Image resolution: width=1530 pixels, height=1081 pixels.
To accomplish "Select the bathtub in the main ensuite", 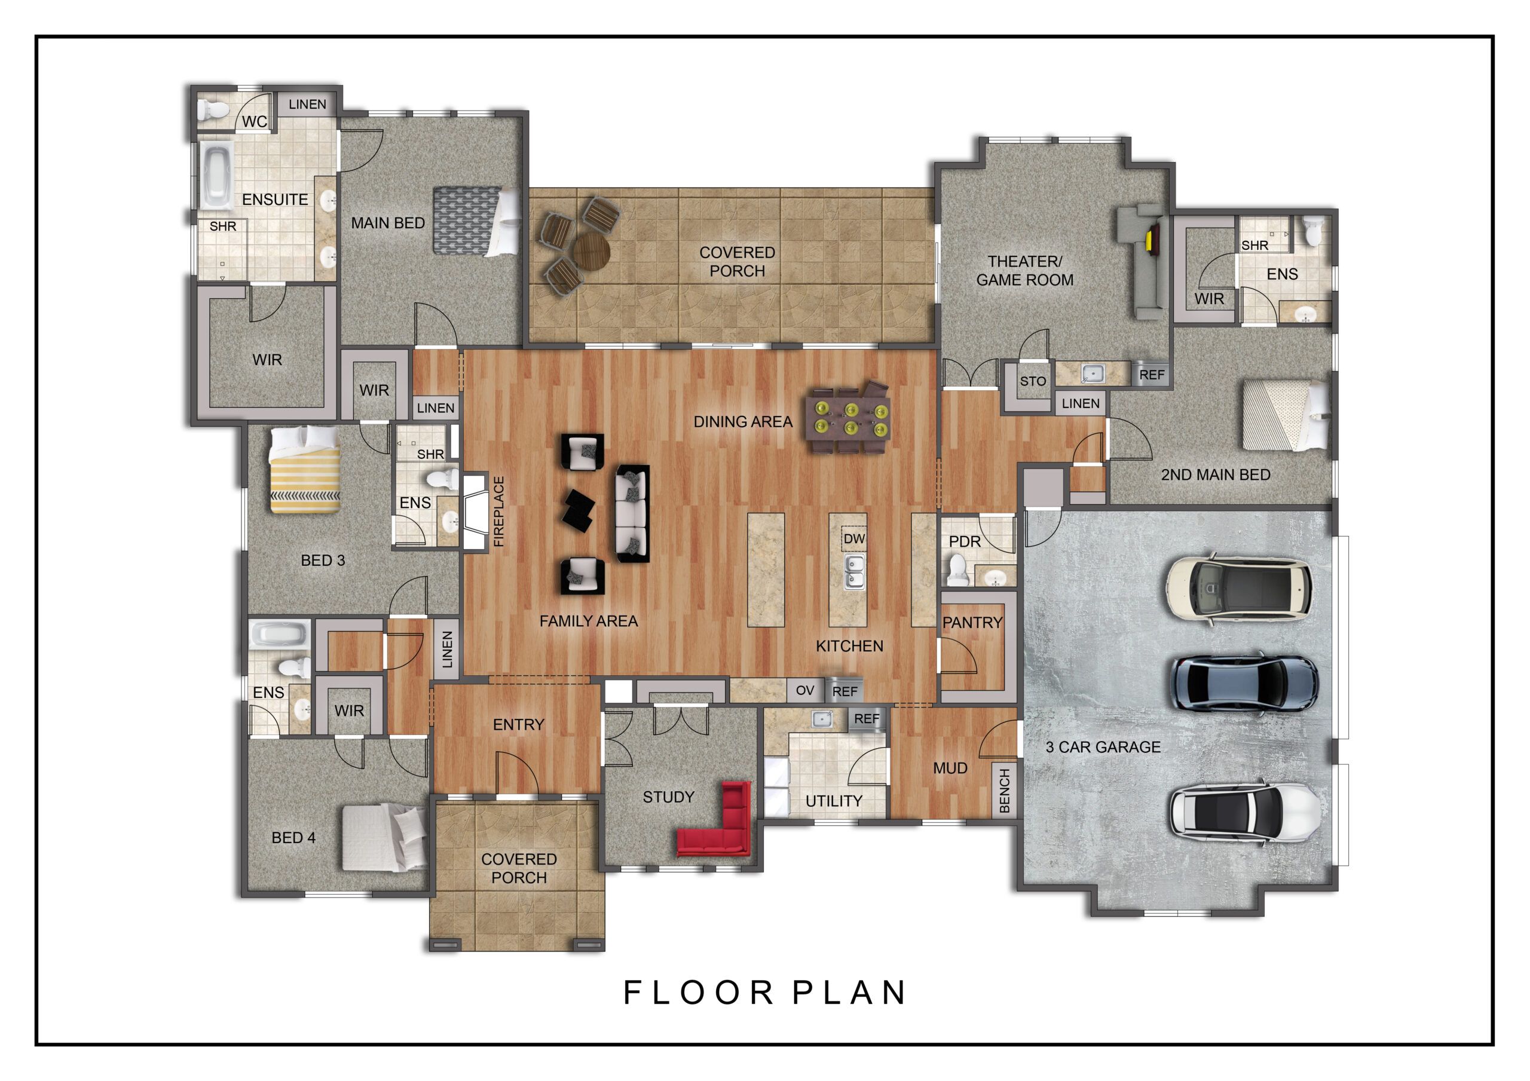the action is [x=215, y=175].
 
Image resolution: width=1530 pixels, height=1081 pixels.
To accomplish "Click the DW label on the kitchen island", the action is [x=854, y=538].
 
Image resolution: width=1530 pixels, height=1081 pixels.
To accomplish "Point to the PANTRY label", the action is [x=972, y=623].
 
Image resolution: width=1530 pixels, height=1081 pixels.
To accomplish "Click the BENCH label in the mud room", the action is [x=1005, y=791].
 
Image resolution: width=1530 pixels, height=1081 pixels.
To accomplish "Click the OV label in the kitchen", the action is [x=805, y=690].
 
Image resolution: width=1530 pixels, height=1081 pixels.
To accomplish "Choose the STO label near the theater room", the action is [x=1032, y=381].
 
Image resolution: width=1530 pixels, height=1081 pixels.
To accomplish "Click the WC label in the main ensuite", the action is [x=254, y=121].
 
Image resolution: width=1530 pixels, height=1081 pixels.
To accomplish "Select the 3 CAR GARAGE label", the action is [x=1103, y=747].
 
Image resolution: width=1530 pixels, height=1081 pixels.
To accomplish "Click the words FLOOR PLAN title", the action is [x=764, y=993].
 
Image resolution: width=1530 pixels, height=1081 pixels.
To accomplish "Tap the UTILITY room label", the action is [x=834, y=801].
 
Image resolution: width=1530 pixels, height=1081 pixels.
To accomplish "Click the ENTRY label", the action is [x=518, y=724].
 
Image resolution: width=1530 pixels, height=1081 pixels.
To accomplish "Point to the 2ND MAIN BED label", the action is [x=1216, y=474].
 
